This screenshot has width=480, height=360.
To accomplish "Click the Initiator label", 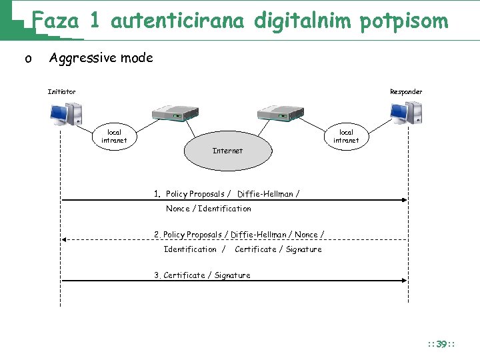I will click(x=61, y=91).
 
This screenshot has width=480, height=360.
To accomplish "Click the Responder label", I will click(x=406, y=91).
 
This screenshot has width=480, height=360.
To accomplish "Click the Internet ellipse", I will click(x=227, y=151).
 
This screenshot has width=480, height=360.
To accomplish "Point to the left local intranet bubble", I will click(x=114, y=136).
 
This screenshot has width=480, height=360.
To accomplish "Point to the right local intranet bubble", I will click(x=346, y=136).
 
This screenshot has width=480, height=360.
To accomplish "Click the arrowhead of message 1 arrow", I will click(x=404, y=200).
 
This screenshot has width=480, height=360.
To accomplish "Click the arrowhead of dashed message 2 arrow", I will click(x=64, y=239).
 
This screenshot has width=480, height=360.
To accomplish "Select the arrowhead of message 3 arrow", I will click(x=404, y=281).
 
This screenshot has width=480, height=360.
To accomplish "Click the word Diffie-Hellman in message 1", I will click(x=265, y=194).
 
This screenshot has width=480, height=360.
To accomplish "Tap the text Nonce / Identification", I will click(x=209, y=209).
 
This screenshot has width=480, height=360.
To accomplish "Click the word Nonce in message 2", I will click(x=306, y=235).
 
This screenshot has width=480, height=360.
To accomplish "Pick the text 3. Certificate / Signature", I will click(x=203, y=275).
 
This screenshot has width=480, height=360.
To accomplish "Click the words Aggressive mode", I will click(x=101, y=58).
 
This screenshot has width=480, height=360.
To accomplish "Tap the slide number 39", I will click(x=441, y=344).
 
